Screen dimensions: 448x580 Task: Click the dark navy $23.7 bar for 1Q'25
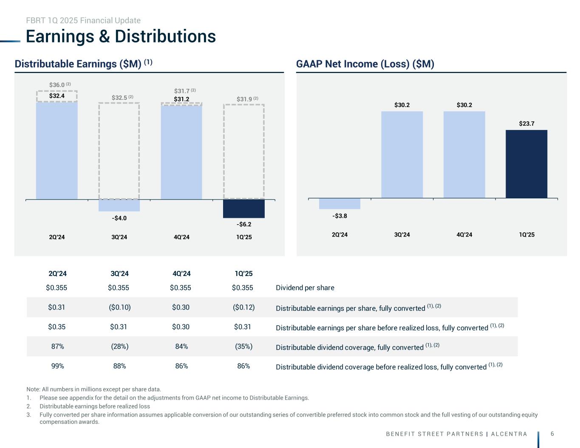point(526,163)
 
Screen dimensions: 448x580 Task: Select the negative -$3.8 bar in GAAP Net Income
point(340,204)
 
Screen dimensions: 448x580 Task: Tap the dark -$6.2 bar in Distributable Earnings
point(243,209)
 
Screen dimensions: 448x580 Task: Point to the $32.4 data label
point(57,96)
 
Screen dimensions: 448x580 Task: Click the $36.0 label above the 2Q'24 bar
point(57,85)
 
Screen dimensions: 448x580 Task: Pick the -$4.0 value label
point(119,218)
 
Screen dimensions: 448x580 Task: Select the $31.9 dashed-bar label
point(244,99)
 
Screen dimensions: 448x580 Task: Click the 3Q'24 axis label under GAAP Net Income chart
point(402,235)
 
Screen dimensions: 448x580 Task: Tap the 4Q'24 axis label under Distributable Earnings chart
point(181,237)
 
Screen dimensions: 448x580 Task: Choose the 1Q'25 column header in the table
point(243,273)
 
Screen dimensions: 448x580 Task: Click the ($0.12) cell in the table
point(243,307)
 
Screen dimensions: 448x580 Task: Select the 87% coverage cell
point(57,347)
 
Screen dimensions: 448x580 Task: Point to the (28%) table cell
point(119,347)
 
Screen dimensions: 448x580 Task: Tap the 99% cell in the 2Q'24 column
point(57,366)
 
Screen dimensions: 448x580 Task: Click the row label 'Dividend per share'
point(305,288)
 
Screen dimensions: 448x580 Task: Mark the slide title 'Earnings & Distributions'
point(121,37)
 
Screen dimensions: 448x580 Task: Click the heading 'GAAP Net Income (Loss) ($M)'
point(365,64)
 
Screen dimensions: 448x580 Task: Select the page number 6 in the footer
point(552,434)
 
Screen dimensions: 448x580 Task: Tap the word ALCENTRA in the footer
point(509,434)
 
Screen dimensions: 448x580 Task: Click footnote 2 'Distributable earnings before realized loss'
point(94,406)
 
